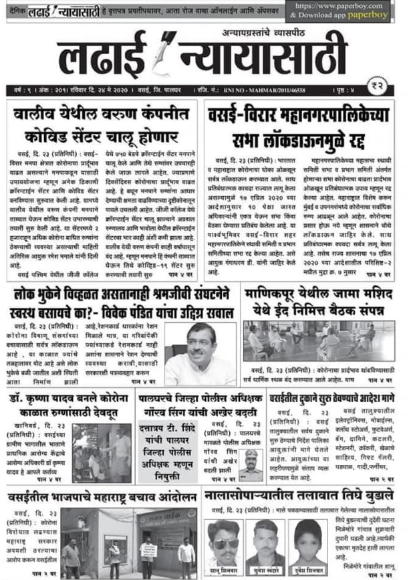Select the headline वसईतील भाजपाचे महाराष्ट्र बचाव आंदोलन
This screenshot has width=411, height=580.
click(103, 496)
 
